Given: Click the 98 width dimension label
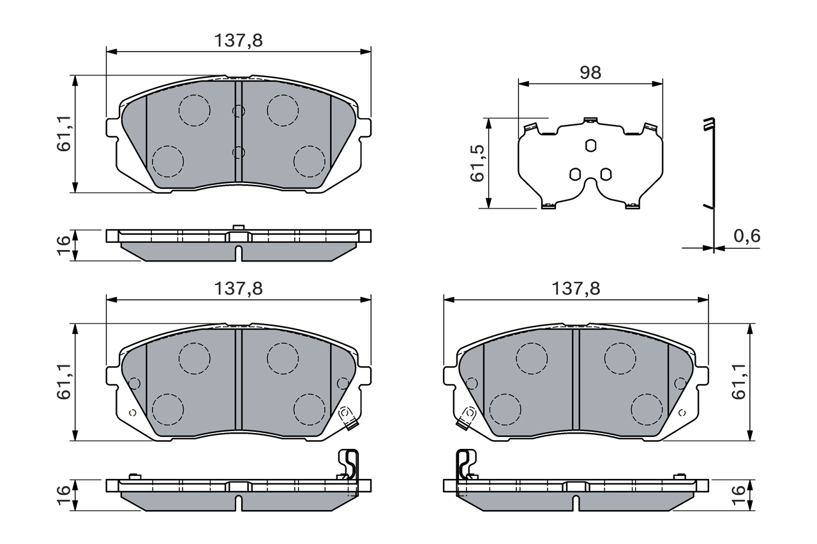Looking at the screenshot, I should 590,73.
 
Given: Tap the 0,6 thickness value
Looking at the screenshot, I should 746,237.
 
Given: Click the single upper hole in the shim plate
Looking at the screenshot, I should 590,146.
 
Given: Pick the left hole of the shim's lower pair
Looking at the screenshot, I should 574,173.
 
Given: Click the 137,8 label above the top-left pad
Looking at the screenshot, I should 238,41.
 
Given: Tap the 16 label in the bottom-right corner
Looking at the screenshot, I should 738,491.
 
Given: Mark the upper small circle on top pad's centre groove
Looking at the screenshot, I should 238,111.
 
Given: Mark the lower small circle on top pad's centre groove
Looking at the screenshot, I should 238,152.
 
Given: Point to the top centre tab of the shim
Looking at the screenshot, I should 590,119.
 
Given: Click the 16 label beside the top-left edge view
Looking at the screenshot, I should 63,245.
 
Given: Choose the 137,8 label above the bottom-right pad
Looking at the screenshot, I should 576,289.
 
